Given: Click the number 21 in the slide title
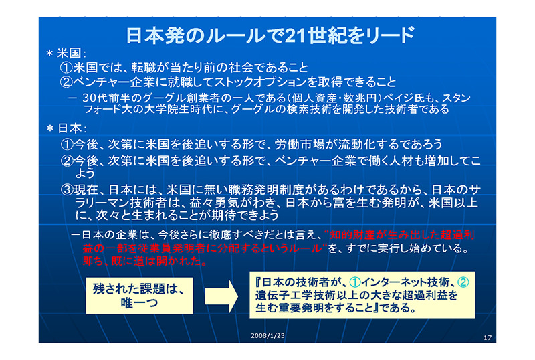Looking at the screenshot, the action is [x=295, y=36].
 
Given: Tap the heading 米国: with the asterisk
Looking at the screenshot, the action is [x=66, y=54].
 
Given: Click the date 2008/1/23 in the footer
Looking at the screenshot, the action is [x=267, y=336].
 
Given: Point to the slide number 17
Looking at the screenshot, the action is [x=488, y=337].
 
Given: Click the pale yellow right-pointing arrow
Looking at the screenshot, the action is [x=221, y=296].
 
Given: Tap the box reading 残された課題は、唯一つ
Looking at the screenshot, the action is [x=139, y=296].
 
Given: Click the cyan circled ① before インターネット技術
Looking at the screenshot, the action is [x=355, y=282].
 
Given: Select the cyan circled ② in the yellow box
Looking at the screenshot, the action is [x=463, y=282].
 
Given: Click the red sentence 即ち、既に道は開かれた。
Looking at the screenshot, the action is [x=145, y=261].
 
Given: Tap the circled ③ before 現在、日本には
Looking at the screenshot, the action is [x=67, y=189].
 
